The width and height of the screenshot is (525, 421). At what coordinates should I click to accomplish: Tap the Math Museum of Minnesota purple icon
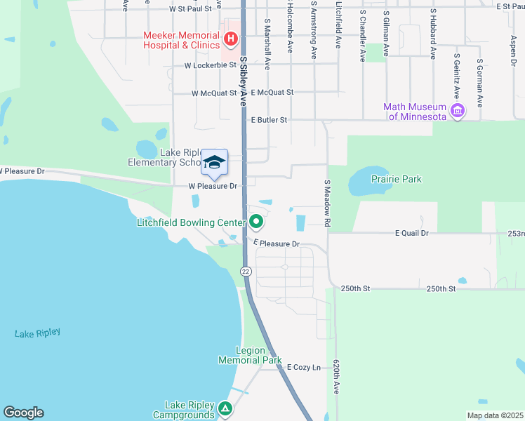(x=458, y=111)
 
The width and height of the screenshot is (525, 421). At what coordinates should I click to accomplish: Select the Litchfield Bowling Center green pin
(x=257, y=223)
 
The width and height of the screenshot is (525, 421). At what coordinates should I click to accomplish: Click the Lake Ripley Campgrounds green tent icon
(x=225, y=408)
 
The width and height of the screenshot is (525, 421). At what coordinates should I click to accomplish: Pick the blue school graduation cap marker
(x=214, y=163)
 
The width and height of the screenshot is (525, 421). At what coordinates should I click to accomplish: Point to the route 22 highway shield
(x=246, y=272)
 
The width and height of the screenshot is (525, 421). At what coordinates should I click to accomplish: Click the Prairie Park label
(x=397, y=179)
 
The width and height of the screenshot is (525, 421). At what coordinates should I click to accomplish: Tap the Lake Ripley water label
(x=37, y=333)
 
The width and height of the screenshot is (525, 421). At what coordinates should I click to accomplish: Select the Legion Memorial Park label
(x=241, y=355)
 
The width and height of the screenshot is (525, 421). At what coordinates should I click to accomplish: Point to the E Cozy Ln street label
(x=303, y=367)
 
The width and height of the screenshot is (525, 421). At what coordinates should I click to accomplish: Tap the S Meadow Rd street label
(x=326, y=203)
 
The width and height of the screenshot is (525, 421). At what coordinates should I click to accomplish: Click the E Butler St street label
(x=270, y=120)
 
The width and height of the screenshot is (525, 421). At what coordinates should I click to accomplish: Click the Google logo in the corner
(x=23, y=413)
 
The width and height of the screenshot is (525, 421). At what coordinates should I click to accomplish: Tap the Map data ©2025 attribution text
(x=494, y=415)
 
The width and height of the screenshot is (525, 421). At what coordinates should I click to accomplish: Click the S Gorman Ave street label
(x=480, y=83)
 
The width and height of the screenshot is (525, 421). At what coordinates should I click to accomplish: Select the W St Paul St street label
(x=195, y=11)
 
